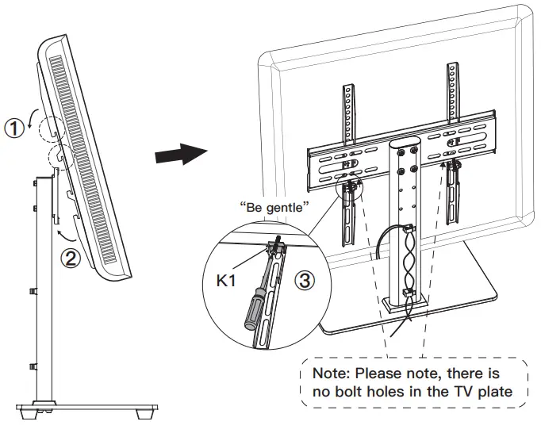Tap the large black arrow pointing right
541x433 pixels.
point(176,152)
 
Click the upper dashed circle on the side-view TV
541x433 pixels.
point(50,126)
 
